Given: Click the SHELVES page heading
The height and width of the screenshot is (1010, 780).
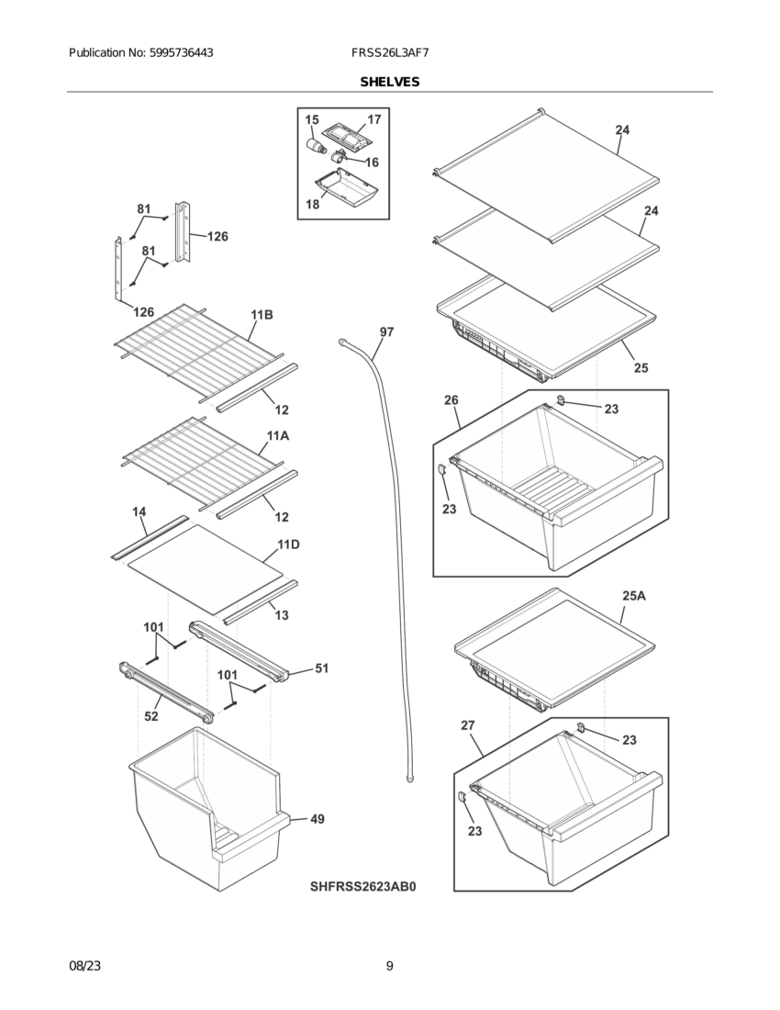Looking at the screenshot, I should tap(389, 82).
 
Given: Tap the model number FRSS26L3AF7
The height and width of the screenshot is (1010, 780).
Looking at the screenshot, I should tap(389, 53).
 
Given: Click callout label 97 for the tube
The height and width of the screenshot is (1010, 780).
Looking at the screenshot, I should tap(386, 331).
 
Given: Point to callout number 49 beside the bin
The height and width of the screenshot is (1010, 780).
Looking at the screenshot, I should tap(316, 818).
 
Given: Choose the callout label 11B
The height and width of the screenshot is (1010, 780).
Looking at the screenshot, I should tap(262, 315).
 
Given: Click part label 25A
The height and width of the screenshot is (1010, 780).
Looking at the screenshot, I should tap(633, 596).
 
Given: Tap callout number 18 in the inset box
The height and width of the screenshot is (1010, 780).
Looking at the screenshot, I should tap(313, 204).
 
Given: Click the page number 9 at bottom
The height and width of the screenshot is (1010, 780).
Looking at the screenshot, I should tap(389, 965).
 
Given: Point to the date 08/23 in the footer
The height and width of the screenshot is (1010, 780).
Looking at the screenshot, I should tap(84, 965).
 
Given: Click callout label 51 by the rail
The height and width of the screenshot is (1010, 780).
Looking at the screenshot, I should tap(322, 668).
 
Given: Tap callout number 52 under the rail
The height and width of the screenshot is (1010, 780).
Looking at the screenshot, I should tap(151, 716).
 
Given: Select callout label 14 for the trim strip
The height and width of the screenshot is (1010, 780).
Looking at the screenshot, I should tap(139, 511).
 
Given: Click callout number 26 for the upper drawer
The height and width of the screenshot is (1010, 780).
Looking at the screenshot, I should tap(451, 399).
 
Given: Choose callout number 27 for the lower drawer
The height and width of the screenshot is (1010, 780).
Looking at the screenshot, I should tap(468, 725).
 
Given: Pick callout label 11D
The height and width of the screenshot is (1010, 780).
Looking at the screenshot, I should tap(288, 544).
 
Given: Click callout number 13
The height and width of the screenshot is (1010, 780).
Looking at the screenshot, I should tap(282, 615).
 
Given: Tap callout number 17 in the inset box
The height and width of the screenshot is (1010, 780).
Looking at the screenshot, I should tap(373, 120).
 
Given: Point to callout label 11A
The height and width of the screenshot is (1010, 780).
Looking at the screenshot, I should tap(278, 435).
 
